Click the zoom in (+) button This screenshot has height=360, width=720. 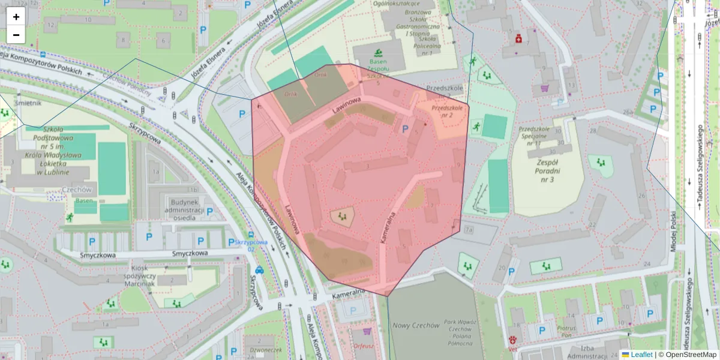pyautogui.click(x=16, y=17)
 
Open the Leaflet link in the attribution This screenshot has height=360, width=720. pyautogui.click(x=641, y=355)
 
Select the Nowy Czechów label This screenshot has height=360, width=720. pyautogui.click(x=416, y=325)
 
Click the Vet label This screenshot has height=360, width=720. pyautogui.click(x=513, y=347)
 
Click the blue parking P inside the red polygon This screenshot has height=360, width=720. pyautogui.click(x=404, y=128)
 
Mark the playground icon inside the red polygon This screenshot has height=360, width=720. pyautogui.click(x=342, y=215)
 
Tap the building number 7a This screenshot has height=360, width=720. pyautogui.click(x=469, y=230)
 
